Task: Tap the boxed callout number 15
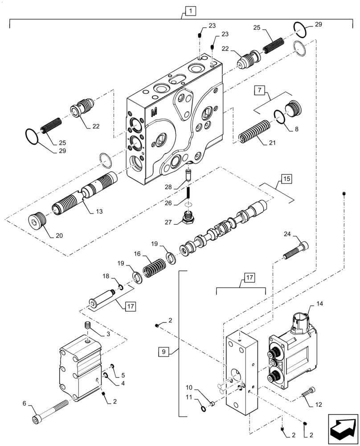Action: [x=286, y=180]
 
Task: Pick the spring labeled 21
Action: [x=253, y=132]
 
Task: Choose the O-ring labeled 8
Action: [x=280, y=117]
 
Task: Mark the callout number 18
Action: [x=105, y=277]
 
